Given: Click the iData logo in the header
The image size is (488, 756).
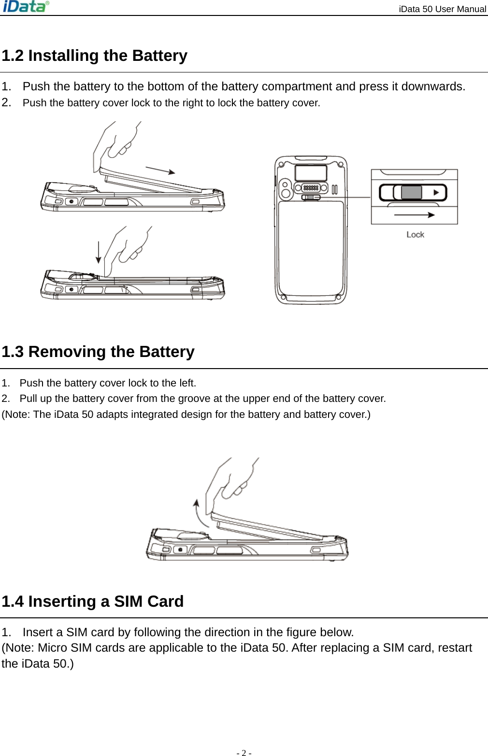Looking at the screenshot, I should click(26, 7).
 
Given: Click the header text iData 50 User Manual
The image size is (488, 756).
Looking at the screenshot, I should click(442, 9).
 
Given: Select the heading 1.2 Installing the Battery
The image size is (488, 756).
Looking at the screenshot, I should click(95, 56).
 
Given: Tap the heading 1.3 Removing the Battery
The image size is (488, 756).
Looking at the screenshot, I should click(98, 352).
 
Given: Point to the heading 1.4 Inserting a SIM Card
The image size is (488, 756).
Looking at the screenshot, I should click(93, 602).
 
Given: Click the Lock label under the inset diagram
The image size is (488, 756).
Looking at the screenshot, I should click(415, 235).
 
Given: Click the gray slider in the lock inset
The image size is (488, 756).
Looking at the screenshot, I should click(411, 192).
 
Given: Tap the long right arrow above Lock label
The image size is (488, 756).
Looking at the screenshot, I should click(414, 215).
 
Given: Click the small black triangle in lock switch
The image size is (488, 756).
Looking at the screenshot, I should click(436, 192).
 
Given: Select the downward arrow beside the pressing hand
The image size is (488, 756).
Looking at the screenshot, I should click(99, 252).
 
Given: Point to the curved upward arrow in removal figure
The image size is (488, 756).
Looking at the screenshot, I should click(200, 513).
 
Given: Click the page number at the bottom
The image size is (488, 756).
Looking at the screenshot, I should click(244, 753).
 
